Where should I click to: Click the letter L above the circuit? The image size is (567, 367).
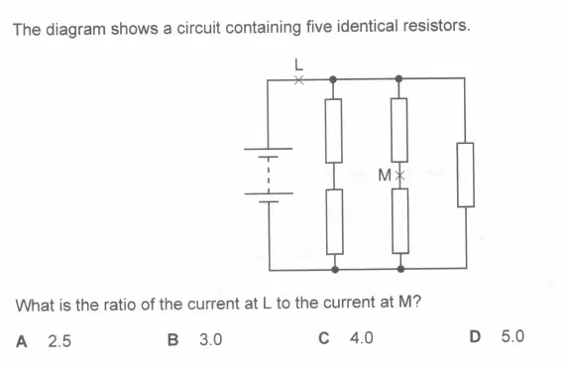tap(298, 64)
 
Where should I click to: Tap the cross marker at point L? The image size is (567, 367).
tap(298, 80)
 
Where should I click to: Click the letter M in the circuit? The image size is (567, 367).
tap(385, 176)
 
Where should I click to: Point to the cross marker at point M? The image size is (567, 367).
tap(399, 176)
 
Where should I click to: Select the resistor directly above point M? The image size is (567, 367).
tap(399, 130)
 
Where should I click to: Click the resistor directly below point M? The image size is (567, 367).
tap(400, 221)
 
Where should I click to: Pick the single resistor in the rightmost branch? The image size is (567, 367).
tap(465, 175)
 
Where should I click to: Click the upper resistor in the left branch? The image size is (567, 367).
tap(333, 131)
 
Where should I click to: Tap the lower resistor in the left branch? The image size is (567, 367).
tap(334, 221)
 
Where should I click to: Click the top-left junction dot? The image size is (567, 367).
tap(333, 79)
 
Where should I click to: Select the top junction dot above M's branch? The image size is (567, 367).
tap(398, 78)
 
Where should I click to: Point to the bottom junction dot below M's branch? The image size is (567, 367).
tap(400, 269)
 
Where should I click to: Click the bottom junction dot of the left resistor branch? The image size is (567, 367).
tap(335, 269)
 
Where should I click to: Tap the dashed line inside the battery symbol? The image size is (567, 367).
tap(269, 176)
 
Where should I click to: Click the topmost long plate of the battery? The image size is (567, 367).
tap(268, 149)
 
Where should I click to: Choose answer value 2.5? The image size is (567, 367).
tap(59, 341)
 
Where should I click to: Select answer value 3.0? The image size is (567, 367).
tap(211, 339)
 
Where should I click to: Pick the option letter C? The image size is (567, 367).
tap(324, 338)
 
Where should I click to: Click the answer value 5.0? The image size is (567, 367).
tap(512, 336)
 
